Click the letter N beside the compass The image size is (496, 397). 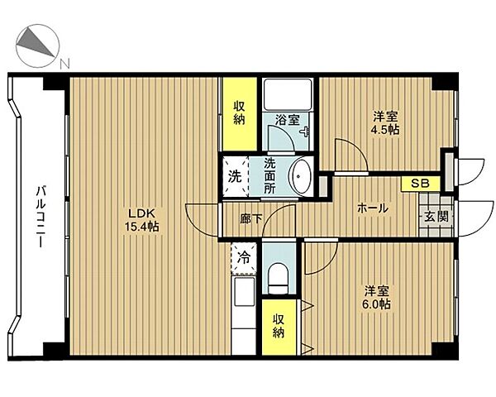(x=64, y=64)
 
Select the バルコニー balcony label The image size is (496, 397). (x=41, y=217)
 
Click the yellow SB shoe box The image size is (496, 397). (x=421, y=184)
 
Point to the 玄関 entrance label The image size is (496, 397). (x=436, y=217)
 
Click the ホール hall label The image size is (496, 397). (x=372, y=208)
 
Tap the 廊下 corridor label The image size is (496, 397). (x=250, y=218)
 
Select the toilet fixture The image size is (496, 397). (x=279, y=278)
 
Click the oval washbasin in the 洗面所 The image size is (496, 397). (x=300, y=176)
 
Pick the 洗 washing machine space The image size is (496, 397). (x=236, y=176)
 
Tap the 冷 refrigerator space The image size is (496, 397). (x=244, y=258)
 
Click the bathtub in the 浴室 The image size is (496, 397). (x=288, y=94)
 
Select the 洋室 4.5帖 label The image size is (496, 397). (x=385, y=123)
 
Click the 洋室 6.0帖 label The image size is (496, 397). (x=376, y=298)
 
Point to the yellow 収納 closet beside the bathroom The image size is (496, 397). (x=240, y=114)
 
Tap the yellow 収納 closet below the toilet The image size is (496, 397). (x=279, y=327)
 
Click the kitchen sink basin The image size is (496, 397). (x=244, y=292)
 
